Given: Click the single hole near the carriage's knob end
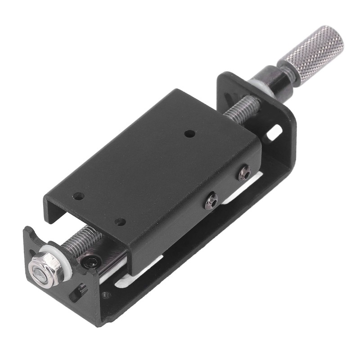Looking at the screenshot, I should tap(190, 134).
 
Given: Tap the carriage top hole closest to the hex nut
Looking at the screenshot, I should tap(78, 196).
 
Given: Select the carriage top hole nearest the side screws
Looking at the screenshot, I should tap(120, 221).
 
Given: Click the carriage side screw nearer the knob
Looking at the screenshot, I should tap(244, 172).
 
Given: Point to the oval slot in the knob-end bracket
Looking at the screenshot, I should tap(274, 133).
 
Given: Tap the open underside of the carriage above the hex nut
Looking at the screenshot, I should tap(76, 216).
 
